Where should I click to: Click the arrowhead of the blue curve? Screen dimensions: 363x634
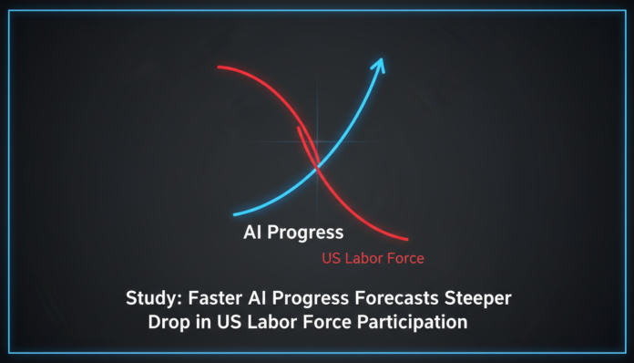(x=379, y=64)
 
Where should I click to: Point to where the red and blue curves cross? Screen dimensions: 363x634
(x=316, y=167)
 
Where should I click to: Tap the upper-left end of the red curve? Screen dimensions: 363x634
(x=220, y=68)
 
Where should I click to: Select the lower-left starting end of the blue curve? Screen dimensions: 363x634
(x=236, y=214)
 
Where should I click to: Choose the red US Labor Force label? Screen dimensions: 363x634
(x=373, y=258)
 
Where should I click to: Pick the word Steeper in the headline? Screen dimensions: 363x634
(x=472, y=297)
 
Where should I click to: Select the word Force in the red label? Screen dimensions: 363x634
(x=404, y=258)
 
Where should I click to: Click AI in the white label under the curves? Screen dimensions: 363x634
(x=252, y=233)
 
